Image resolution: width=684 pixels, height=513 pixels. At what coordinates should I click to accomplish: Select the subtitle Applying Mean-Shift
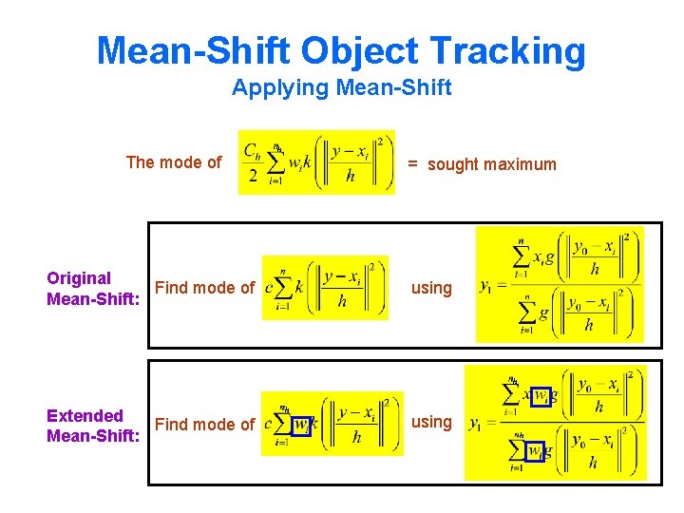[x=341, y=88]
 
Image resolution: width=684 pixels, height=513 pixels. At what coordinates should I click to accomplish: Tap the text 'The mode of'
[x=174, y=161]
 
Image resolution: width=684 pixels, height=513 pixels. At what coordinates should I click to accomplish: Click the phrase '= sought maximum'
[x=483, y=164]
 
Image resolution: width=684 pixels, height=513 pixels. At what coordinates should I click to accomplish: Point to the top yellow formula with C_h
[x=316, y=162]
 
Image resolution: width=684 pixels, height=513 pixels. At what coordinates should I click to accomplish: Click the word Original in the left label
[x=79, y=278]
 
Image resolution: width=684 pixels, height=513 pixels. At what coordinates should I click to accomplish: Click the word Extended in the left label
[x=85, y=415]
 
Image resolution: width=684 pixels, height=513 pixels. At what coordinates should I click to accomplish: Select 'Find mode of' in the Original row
[x=204, y=288]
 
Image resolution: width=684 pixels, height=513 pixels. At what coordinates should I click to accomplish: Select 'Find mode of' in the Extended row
[x=204, y=425]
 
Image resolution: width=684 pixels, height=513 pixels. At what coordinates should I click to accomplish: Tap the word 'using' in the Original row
[x=431, y=288]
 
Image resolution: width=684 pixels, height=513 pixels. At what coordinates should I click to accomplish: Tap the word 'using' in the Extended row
[x=431, y=422]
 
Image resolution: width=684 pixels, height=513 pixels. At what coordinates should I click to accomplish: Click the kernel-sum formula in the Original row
[x=325, y=287]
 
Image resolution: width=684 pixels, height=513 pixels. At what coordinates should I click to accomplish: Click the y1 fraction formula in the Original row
[x=560, y=284]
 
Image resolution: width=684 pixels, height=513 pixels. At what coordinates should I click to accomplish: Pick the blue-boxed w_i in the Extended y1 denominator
[x=538, y=449]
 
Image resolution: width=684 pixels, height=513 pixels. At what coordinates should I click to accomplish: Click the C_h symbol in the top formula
[x=254, y=151]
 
